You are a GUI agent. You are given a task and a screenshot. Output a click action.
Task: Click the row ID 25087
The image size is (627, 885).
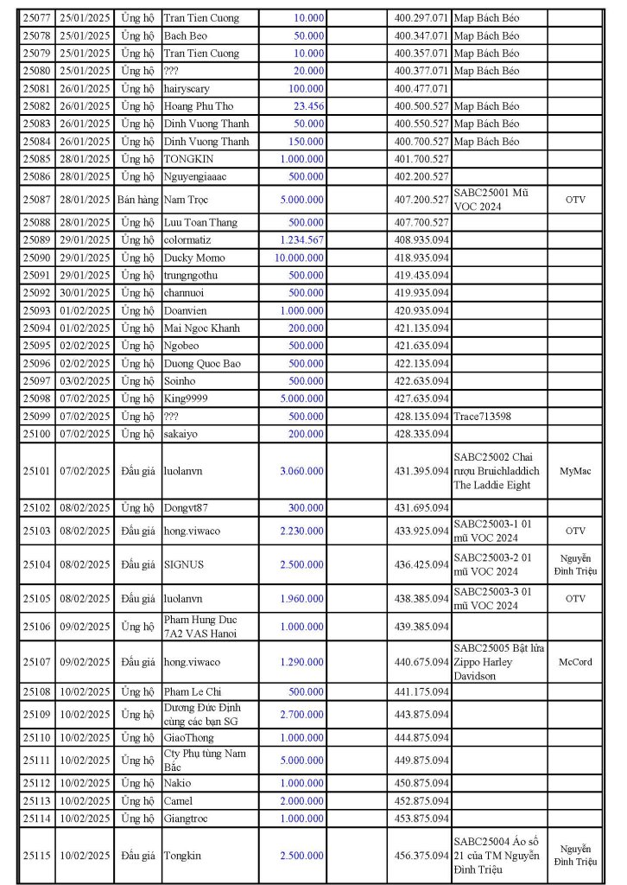click(36, 199)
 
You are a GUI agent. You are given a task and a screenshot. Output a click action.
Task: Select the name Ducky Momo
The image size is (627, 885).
click(194, 258)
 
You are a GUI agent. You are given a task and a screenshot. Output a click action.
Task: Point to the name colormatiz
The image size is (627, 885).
click(187, 239)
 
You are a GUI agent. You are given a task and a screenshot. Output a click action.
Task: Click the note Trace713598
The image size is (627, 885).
click(482, 416)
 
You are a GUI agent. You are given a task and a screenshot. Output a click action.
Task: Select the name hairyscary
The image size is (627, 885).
click(187, 88)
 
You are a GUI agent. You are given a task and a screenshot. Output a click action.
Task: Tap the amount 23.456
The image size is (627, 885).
click(308, 105)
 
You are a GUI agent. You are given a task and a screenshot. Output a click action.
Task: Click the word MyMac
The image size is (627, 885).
click(575, 471)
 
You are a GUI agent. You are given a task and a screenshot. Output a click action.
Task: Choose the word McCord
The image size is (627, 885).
click(575, 662)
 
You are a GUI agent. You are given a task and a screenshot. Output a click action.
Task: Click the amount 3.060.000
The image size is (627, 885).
click(302, 471)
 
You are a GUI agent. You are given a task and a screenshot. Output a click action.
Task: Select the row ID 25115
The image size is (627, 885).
click(36, 855)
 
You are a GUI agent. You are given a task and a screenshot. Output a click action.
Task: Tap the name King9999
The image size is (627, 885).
click(186, 398)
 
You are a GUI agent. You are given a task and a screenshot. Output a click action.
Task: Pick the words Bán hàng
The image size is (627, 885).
click(138, 199)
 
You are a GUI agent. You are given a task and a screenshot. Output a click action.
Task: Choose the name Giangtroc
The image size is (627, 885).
click(187, 818)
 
